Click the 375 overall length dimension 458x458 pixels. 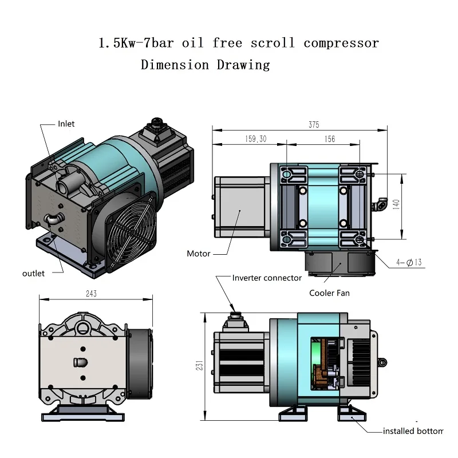[313, 125]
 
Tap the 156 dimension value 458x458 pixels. [329, 139]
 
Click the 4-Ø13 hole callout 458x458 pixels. [409, 263]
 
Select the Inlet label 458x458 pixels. [66, 124]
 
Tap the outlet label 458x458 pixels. [33, 273]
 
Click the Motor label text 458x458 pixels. [199, 253]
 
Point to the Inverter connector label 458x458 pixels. [267, 278]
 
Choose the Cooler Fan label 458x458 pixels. [329, 293]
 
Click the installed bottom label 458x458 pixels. [413, 431]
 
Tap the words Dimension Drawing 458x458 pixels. [205, 65]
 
